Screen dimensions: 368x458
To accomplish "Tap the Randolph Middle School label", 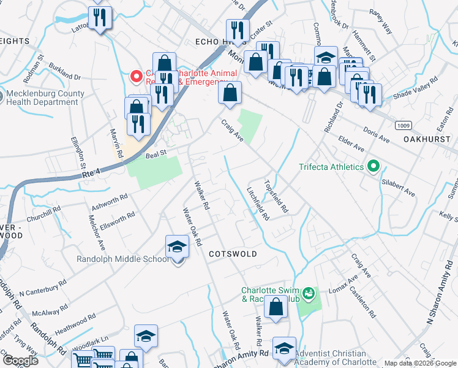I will click(122, 259).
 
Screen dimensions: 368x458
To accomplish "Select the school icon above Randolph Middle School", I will click(177, 247).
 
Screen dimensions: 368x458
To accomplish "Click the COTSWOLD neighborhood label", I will click(232, 253).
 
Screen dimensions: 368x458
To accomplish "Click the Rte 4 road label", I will click(90, 175).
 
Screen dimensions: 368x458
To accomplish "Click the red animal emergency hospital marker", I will click(136, 77).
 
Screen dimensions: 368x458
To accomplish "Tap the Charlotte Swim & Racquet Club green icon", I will click(309, 294).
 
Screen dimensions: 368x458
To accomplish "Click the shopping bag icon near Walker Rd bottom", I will click(276, 307).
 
